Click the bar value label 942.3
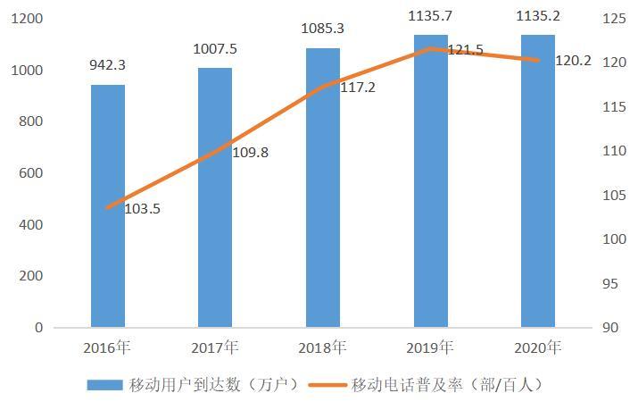coord(108,65)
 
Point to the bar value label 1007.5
coord(215,48)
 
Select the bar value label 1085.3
coord(323,29)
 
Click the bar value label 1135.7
coord(430,15)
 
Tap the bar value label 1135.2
coord(538,15)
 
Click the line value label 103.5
coord(142,209)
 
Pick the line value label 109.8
coord(250,153)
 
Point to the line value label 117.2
coord(358,89)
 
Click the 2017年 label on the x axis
coord(215,346)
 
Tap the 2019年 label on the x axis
coord(430,346)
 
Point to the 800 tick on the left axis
coord(31,121)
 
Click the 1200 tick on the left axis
coord(28,19)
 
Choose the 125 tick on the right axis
coord(614,19)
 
